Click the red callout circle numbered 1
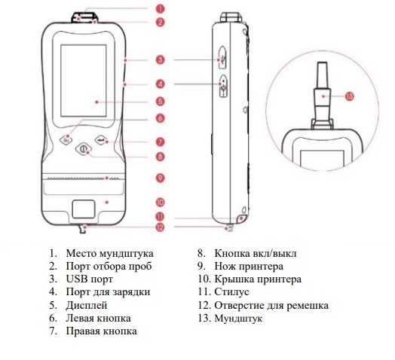pos(160,9)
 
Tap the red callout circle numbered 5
pos(160,102)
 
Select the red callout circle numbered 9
pos(160,178)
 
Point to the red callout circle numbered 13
pos(350,96)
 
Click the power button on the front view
pos(83,149)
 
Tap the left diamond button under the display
pos(66,140)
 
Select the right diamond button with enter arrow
pos(101,140)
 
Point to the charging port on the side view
pos(223,86)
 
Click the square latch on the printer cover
pos(84,209)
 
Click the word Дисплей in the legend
pos(87,305)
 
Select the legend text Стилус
pos(231,292)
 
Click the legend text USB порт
pos(89,279)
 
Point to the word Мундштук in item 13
pos(238,319)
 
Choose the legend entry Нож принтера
pos(249,267)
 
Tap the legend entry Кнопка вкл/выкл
pos(256,253)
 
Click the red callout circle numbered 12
pos(160,227)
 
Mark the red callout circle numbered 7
pos(160,142)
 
